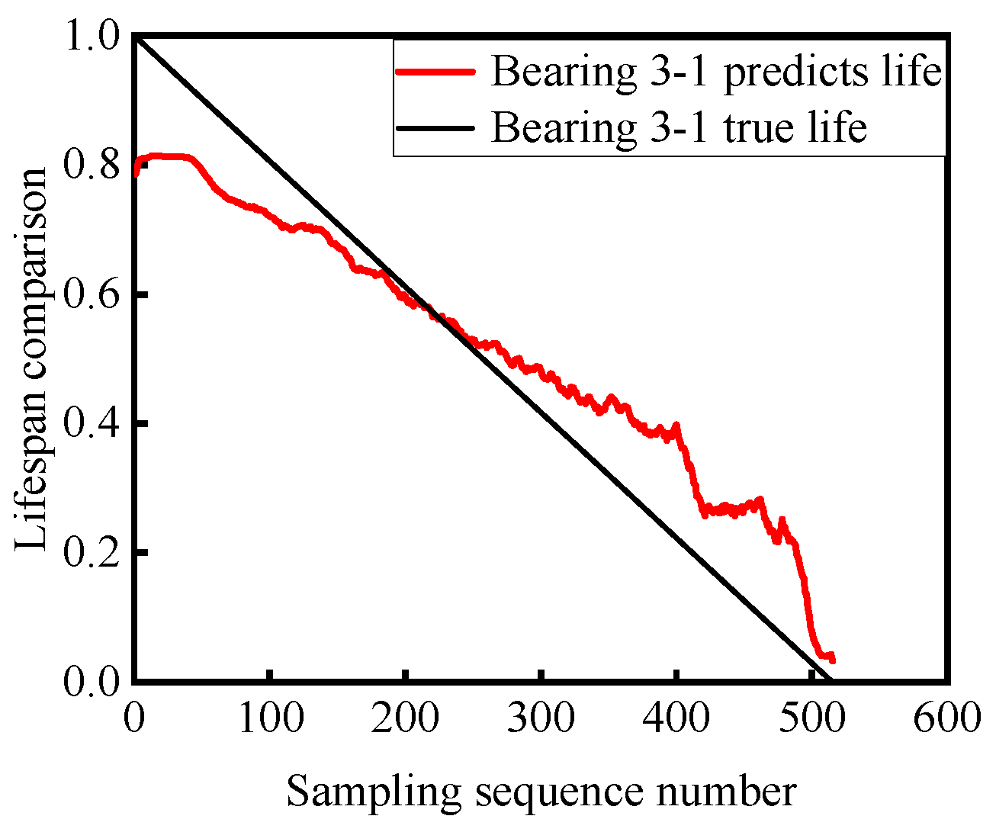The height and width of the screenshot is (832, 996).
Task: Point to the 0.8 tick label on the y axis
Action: (x=92, y=166)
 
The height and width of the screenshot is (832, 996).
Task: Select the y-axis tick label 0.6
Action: (x=92, y=295)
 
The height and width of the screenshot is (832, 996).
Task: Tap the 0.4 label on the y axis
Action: (x=92, y=423)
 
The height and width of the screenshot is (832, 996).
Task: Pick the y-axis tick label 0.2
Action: (x=92, y=552)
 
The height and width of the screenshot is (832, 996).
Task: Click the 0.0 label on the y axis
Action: (x=92, y=681)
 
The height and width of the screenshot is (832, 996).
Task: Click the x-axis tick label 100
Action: (x=270, y=718)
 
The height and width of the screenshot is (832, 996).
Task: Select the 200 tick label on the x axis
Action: (x=406, y=718)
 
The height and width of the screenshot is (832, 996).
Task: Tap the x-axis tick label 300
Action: (x=541, y=718)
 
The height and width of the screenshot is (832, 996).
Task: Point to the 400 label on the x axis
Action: (x=677, y=718)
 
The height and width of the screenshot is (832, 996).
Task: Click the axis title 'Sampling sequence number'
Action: (x=541, y=792)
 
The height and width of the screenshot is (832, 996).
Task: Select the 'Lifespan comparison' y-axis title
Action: (x=34, y=359)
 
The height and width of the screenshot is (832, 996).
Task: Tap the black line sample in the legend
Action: (x=435, y=127)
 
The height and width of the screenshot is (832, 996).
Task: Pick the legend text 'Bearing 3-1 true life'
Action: (x=679, y=127)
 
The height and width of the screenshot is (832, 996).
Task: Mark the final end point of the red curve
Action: (x=833, y=660)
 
